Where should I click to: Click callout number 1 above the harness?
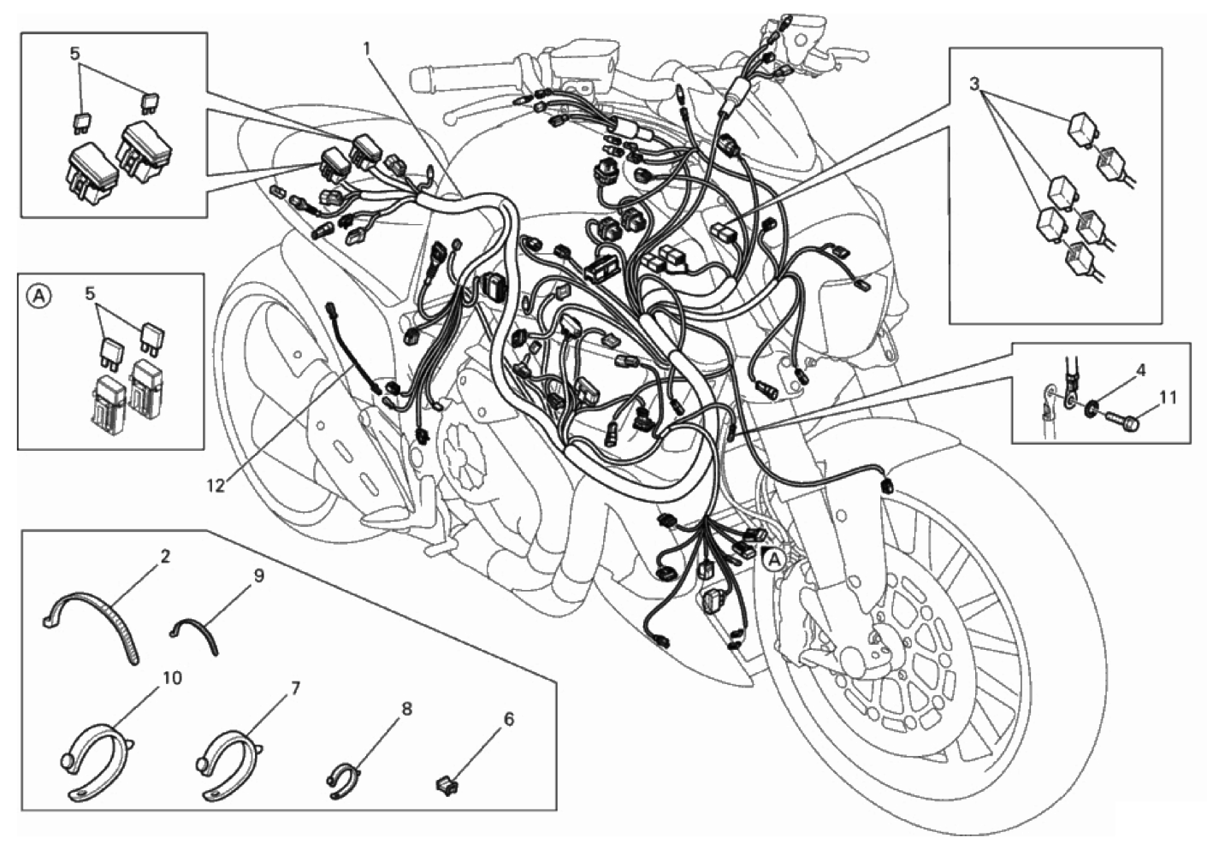pos(366,49)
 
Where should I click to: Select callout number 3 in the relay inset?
pos(974,85)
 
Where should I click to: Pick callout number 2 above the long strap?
pos(165,557)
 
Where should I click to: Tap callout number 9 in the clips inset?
pos(258,575)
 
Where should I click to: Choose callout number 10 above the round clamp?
pos(173,678)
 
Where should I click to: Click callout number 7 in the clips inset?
pos(295,688)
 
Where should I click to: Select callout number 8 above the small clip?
pos(406,710)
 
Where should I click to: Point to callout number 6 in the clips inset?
pos(509,719)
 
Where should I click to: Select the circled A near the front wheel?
pos(774,560)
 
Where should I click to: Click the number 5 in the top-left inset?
pos(75,53)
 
